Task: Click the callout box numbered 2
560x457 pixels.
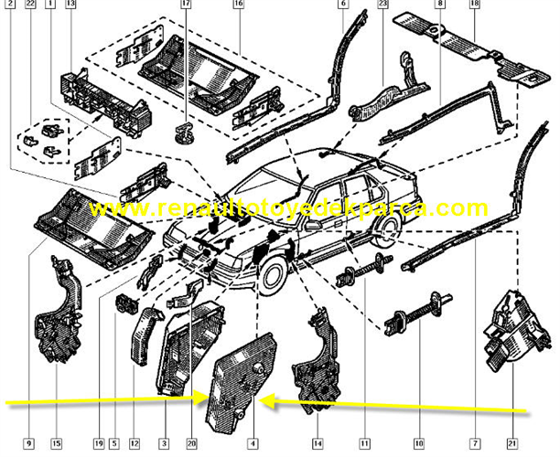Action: [x=10, y=4]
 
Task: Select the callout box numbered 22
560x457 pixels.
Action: [x=31, y=4]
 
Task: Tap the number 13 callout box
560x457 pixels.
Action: [x=71, y=4]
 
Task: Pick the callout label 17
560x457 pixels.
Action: [x=186, y=4]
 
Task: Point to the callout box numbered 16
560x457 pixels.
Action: [x=238, y=4]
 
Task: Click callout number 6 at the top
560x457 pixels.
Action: [x=343, y=4]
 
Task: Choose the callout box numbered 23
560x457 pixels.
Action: [x=382, y=4]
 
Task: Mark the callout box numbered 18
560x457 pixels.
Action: [x=475, y=4]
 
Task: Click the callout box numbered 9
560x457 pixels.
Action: [x=29, y=444]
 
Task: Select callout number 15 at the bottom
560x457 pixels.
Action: [x=57, y=444]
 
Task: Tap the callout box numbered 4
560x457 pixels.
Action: [x=253, y=444]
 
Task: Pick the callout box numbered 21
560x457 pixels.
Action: [x=512, y=444]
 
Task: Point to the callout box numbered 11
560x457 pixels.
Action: [x=365, y=444]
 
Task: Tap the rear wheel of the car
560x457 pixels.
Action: [x=386, y=232]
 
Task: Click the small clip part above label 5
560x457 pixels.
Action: [x=126, y=303]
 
